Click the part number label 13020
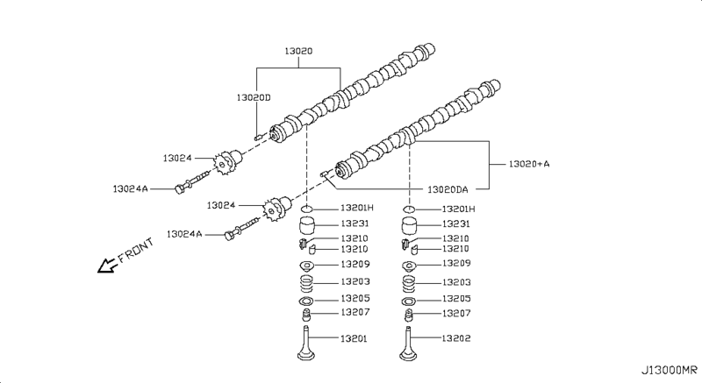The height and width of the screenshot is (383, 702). tap(298, 53)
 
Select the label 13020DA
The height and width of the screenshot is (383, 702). tap(448, 188)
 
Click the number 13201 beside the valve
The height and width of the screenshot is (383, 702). tap(355, 338)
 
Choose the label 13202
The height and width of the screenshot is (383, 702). tap(457, 338)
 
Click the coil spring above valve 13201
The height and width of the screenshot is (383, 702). tap(307, 283)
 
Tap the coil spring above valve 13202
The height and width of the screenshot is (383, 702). tap(409, 283)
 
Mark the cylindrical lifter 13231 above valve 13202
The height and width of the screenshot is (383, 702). tap(409, 227)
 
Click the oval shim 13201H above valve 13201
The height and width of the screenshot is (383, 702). tap(307, 209)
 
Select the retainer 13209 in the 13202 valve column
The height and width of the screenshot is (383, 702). tap(409, 265)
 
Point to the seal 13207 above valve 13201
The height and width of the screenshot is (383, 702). tap(307, 313)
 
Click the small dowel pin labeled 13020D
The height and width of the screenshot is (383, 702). tap(257, 137)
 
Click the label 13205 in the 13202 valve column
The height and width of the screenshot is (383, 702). tap(457, 298)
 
